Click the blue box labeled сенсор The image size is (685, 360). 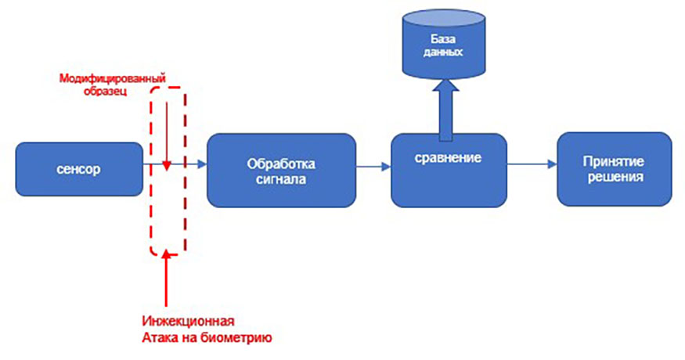pos(78,169)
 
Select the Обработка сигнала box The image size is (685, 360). pos(279,170)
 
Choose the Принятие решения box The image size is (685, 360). pos(613,168)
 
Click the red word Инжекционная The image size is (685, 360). pos(189,322)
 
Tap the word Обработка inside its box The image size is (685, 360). pos(279,163)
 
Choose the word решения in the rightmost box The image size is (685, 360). pos(613,177)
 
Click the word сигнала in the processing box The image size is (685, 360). pos(279,178)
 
